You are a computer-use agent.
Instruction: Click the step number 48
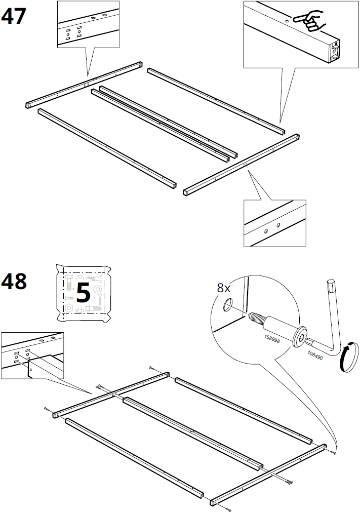(14, 281)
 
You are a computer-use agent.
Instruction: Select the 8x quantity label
(224, 288)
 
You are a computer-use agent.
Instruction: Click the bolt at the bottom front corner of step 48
(229, 507)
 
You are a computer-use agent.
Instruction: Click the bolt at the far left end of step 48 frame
(47, 408)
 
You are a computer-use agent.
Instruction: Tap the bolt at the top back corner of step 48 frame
(151, 368)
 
